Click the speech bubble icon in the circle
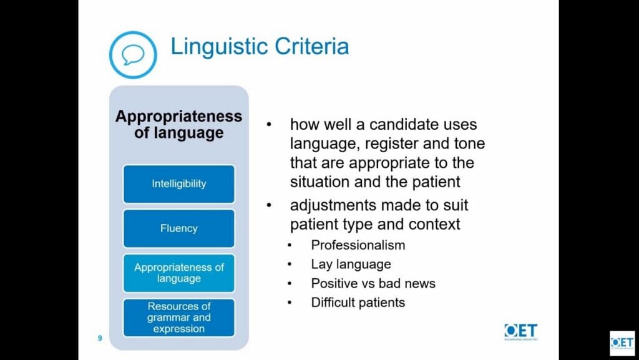(133, 55)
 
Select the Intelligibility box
(179, 183)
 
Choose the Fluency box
(179, 228)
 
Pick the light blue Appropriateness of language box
(179, 273)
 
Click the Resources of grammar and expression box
(179, 318)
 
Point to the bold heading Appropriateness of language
(179, 124)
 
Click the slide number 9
(100, 338)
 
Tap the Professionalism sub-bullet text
(358, 245)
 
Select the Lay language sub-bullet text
(351, 265)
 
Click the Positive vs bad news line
(373, 283)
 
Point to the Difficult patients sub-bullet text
(358, 303)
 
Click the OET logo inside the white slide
(521, 331)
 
